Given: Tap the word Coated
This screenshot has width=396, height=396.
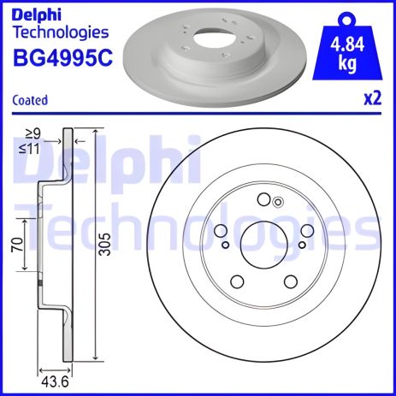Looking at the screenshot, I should (x=30, y=100).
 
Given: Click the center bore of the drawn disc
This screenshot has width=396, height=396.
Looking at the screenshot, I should (x=260, y=245).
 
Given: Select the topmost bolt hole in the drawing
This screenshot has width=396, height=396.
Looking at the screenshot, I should (x=262, y=199).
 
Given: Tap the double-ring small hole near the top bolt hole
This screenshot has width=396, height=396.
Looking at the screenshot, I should (x=276, y=202).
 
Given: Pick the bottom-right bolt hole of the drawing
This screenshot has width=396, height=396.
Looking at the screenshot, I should (x=287, y=281).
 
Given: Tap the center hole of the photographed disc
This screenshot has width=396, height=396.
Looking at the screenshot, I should (x=206, y=40).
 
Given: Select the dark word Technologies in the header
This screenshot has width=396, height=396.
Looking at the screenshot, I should (x=61, y=33).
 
